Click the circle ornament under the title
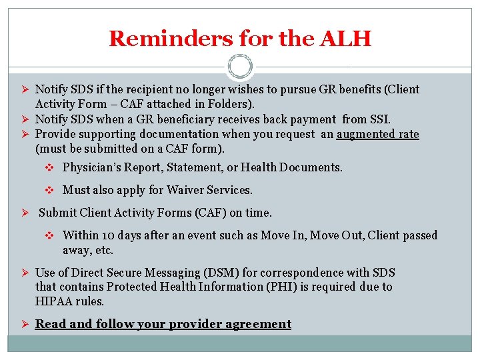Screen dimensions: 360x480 (239, 67)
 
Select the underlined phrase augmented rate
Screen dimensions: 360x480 (377, 134)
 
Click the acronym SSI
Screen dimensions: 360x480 (380, 119)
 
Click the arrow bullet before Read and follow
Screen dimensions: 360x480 (23, 324)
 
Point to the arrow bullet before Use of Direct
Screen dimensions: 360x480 (23, 273)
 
